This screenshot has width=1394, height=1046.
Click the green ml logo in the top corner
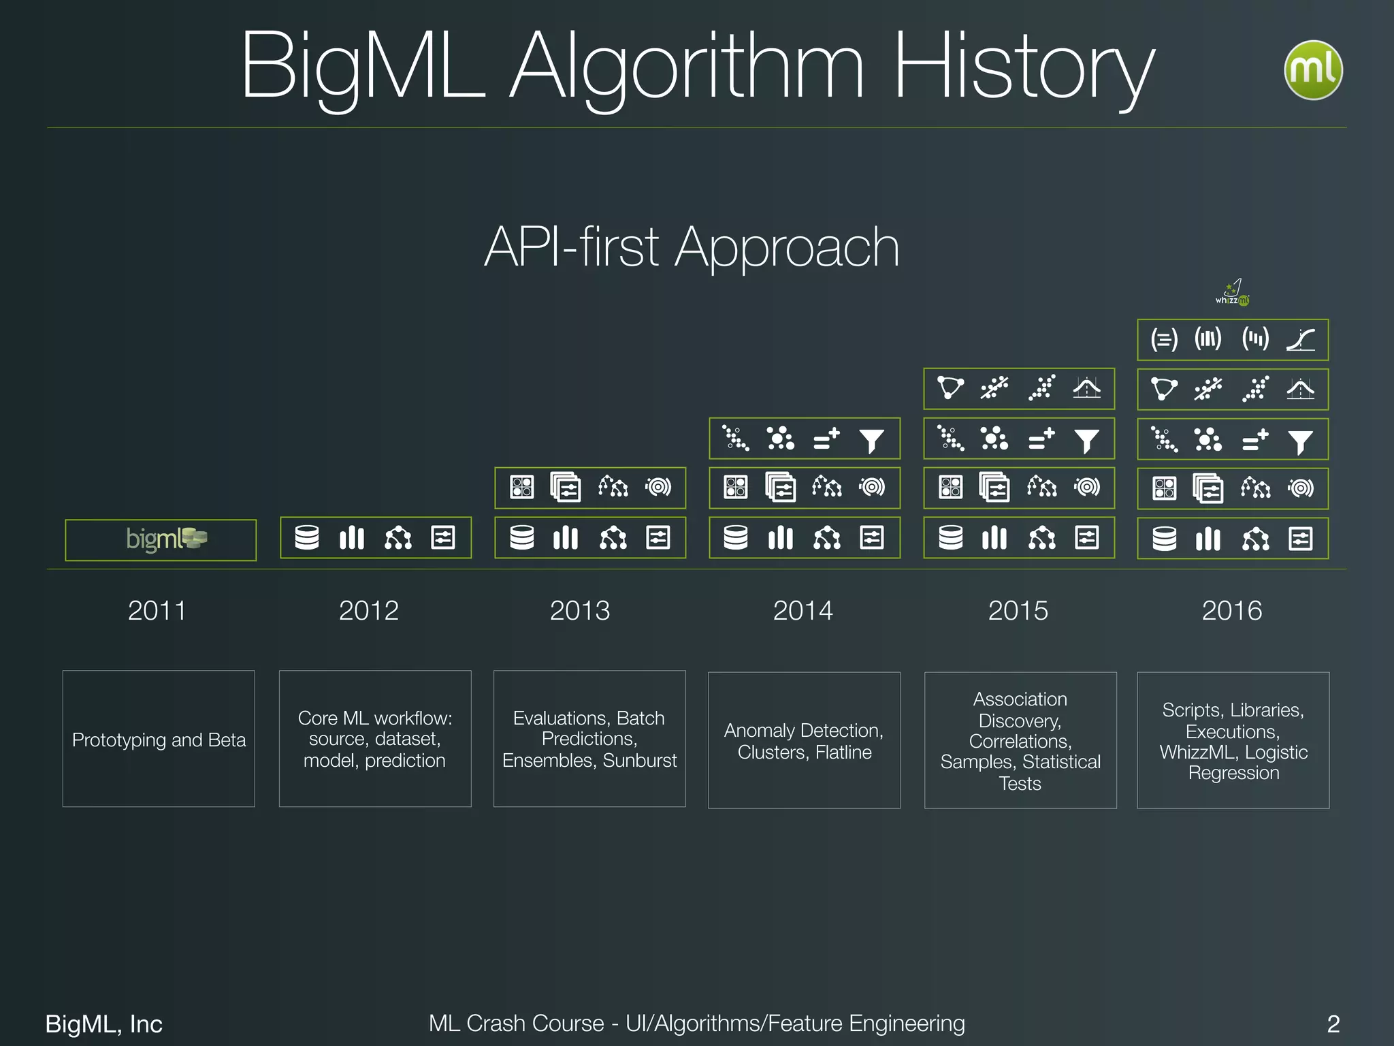pos(1312,70)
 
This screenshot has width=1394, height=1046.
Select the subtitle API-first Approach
pos(692,247)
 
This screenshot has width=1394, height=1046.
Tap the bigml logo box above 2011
pos(161,539)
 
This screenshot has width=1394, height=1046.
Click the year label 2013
pos(579,610)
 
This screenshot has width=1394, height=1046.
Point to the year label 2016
pos(1231,610)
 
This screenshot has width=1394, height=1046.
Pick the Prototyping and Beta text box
pos(159,740)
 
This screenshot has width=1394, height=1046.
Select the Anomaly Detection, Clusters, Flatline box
pos(804,741)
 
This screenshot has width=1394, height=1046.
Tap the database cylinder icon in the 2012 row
pos(307,537)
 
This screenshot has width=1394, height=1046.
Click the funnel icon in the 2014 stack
pos(871,441)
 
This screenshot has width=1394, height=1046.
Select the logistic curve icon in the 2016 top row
pos(1300,339)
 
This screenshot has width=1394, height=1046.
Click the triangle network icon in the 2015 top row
pos(950,387)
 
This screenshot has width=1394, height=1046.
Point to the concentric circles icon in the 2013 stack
pos(658,487)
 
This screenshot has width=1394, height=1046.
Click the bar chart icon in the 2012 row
pos(352,537)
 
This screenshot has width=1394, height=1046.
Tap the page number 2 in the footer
pos(1333,1024)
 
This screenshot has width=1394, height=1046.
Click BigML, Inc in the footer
pos(103,1024)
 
